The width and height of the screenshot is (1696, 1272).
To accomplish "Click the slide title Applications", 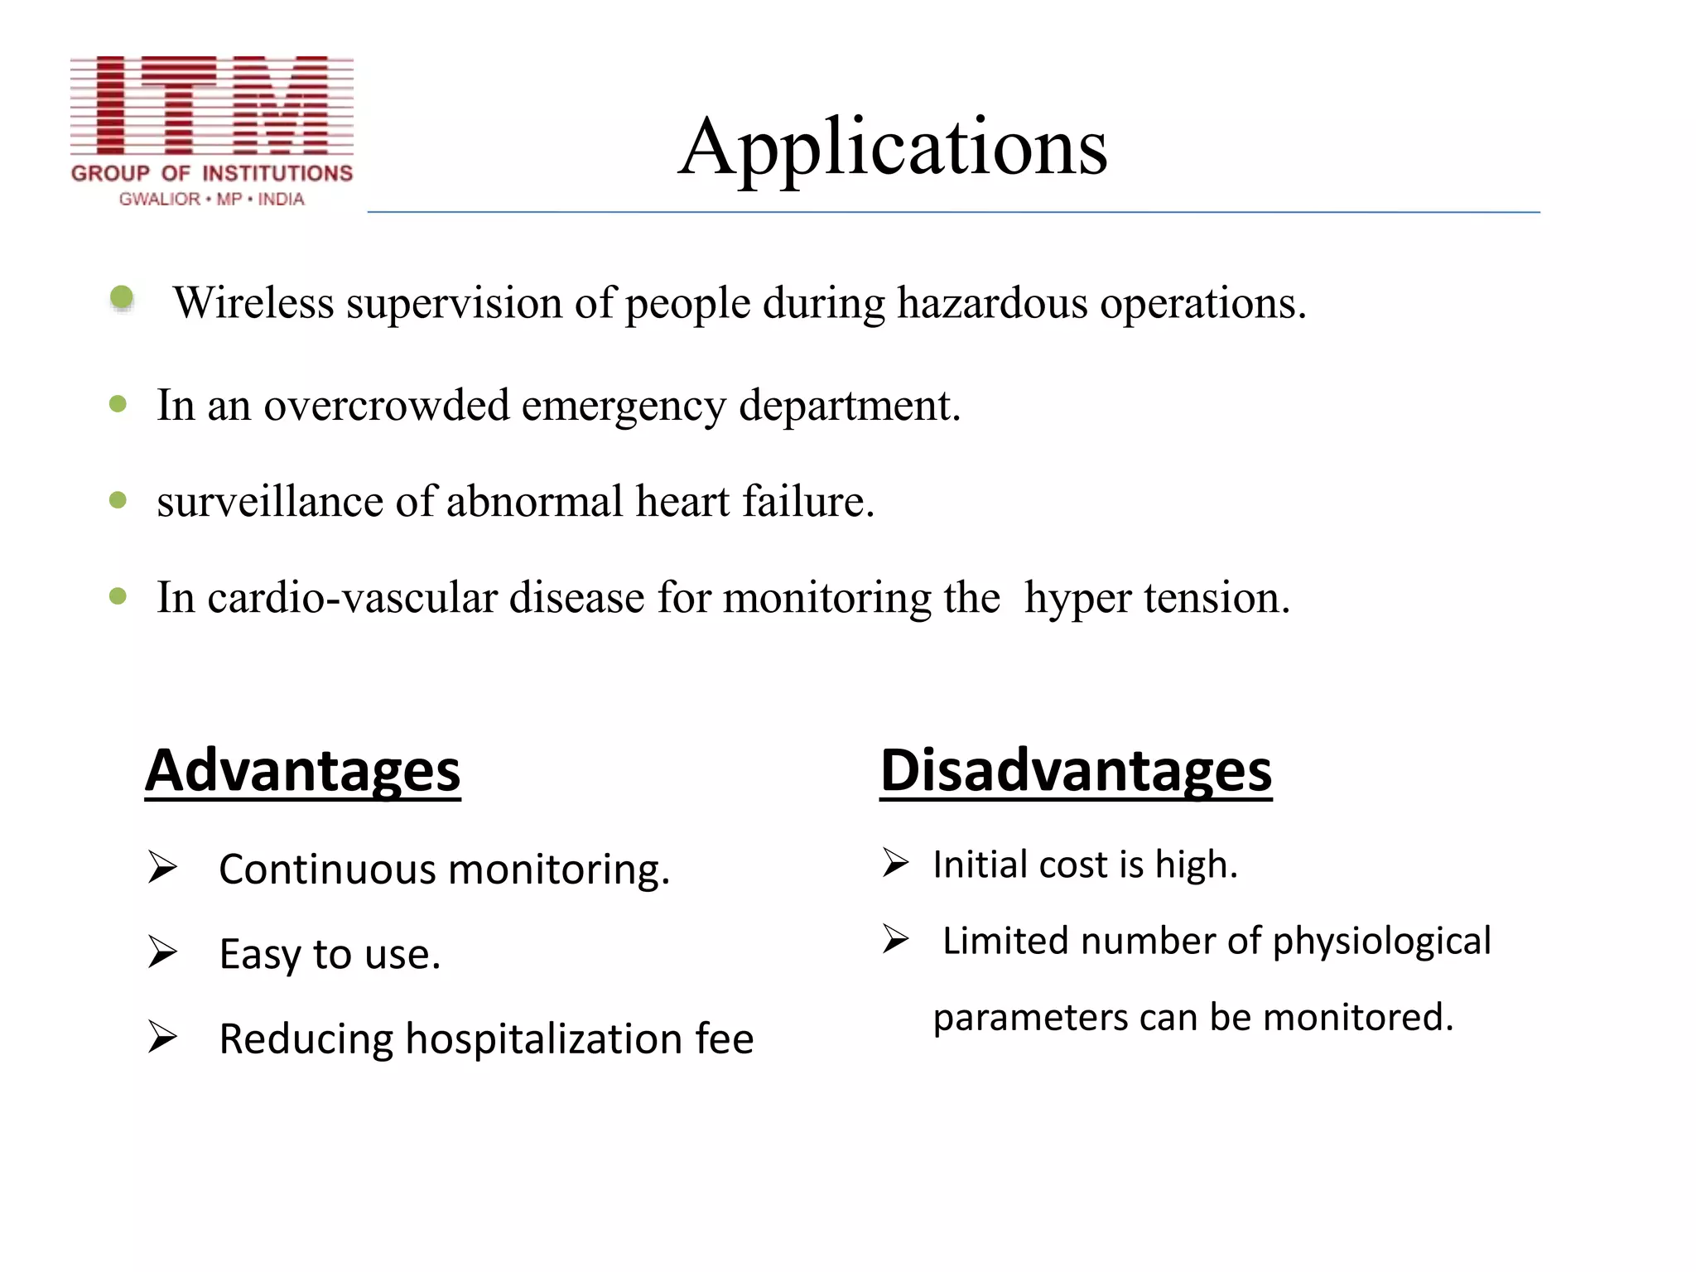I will click(x=893, y=147).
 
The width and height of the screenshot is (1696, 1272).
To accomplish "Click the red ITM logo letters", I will click(x=212, y=105).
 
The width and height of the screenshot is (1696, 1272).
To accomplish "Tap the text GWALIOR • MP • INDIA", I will click(x=212, y=200).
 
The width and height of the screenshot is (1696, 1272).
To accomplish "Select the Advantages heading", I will click(x=302, y=770).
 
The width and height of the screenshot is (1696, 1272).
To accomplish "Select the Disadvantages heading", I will click(x=1075, y=770).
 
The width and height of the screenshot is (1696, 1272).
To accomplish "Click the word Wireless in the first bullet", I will click(x=253, y=302).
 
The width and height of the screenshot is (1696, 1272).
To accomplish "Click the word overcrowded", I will click(x=386, y=406).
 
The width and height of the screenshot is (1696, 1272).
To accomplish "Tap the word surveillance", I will click(x=269, y=502).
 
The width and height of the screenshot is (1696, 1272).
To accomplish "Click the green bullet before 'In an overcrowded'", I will click(x=118, y=404).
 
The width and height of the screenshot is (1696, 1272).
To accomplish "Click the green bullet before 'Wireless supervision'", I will click(x=122, y=297).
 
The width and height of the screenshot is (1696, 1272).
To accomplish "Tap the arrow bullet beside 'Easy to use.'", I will click(x=162, y=952).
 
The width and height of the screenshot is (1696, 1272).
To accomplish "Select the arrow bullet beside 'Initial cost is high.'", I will click(x=895, y=863).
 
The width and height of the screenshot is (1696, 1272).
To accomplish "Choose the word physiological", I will click(x=1381, y=942).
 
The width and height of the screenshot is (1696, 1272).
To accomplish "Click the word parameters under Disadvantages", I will click(x=1030, y=1018).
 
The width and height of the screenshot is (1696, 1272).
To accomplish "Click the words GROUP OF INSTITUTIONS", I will click(x=212, y=173).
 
